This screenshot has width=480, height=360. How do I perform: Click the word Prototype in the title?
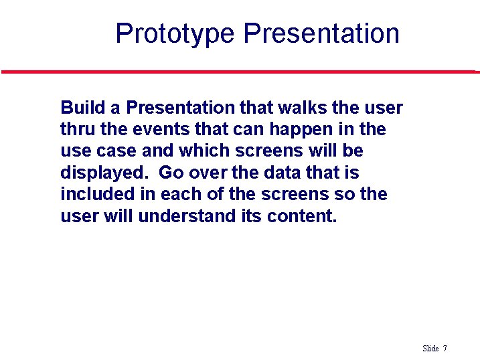click(x=175, y=33)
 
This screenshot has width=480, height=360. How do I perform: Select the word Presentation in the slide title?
click(x=321, y=33)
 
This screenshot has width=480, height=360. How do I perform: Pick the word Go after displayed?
click(x=171, y=173)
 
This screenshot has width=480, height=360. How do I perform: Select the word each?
click(x=181, y=194)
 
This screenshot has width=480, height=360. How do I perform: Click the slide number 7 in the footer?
click(x=445, y=349)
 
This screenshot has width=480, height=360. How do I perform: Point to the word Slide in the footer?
click(x=430, y=349)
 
